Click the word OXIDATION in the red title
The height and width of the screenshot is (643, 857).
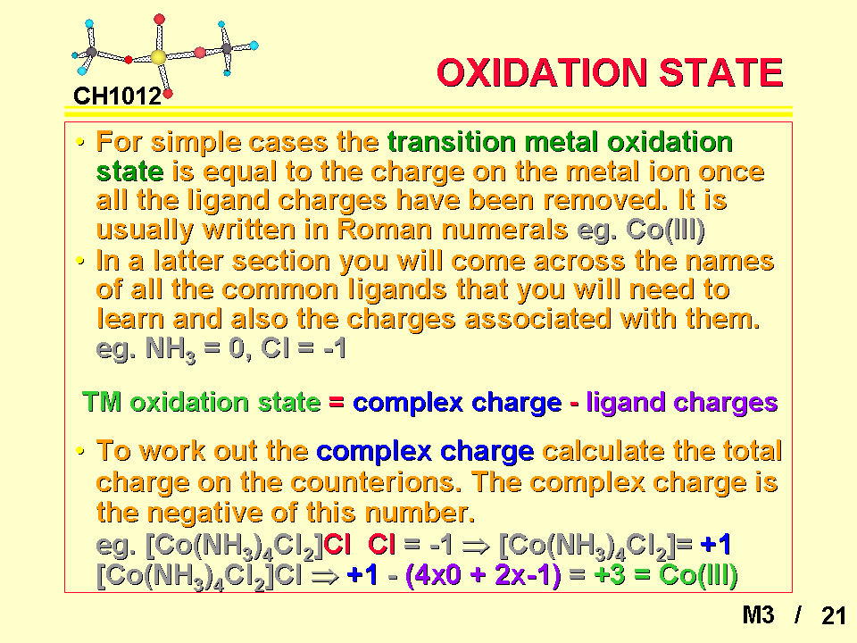pos(542,72)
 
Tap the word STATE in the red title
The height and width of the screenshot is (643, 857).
pos(721,72)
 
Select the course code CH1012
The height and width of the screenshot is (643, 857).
pos(118,96)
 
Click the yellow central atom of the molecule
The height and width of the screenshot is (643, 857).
pos(158,57)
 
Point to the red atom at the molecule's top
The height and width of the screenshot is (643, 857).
pos(159,20)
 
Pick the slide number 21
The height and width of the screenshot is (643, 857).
pos(834,615)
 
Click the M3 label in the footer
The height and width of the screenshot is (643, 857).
pos(758,615)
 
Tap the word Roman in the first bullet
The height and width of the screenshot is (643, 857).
pos(384,230)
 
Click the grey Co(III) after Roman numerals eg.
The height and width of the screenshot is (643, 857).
pos(665,230)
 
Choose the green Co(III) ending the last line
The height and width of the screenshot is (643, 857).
pos(698,575)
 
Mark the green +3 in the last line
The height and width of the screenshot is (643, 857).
pos(610,575)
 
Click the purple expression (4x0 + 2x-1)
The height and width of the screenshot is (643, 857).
pos(483,575)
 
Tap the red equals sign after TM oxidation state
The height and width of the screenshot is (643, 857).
pos(337,403)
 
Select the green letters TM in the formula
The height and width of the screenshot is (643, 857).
pos(102,402)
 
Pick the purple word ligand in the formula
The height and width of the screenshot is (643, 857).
pos(625,403)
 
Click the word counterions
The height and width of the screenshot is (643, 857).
pos(378,482)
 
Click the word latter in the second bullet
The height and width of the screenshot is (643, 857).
pos(187,261)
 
